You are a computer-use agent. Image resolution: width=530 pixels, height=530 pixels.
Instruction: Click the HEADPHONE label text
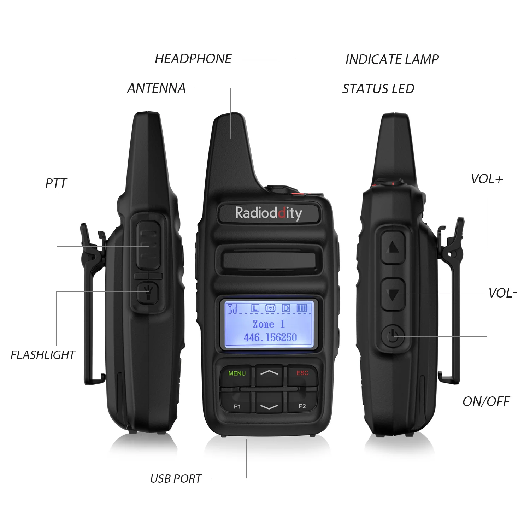(x=193, y=59)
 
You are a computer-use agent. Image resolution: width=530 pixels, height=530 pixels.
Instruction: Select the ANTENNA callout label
(x=157, y=88)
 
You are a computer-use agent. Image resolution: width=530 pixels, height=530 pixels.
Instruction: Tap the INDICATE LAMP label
(x=392, y=59)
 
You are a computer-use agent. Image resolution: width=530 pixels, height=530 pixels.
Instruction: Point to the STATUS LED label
(x=378, y=89)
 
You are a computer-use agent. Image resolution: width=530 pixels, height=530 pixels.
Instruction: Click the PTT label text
(x=56, y=183)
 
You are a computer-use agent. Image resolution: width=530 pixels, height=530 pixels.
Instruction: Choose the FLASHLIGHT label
(x=43, y=355)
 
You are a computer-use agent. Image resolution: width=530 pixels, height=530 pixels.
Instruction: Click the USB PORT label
(x=176, y=478)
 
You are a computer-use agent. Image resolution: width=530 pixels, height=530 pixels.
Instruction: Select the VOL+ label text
(x=487, y=179)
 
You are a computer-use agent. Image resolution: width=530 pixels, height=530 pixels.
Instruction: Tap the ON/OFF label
(x=486, y=401)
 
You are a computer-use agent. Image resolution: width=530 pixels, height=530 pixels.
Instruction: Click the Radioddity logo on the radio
(x=269, y=213)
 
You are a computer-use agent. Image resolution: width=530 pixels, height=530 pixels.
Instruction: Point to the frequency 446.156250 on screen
(x=270, y=337)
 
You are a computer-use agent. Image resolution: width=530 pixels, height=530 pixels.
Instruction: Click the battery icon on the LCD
(x=302, y=308)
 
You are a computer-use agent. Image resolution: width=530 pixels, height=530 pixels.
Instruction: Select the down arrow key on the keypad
(x=269, y=407)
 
